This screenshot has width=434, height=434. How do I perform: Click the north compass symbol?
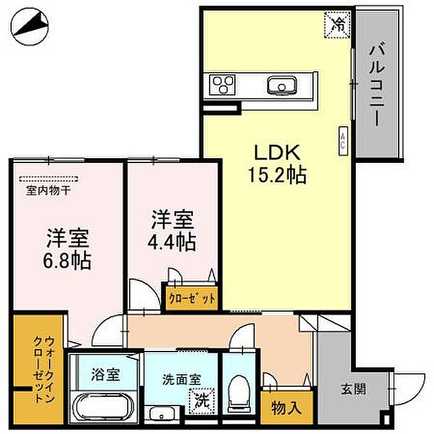[x=30, y=27]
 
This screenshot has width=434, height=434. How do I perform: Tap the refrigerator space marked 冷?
[x=337, y=25]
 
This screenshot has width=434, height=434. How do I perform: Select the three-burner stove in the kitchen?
[x=222, y=85]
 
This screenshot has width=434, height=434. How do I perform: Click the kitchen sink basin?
[x=281, y=85]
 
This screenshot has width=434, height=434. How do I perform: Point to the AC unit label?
[x=343, y=141]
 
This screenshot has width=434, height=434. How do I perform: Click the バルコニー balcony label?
[x=377, y=86]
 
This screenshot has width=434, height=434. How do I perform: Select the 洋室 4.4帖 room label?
[x=172, y=231]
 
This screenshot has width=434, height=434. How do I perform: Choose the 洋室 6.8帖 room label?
[x=67, y=249]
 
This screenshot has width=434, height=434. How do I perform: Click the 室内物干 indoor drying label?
[x=48, y=190]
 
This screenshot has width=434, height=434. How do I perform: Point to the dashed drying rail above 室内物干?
[x=48, y=179]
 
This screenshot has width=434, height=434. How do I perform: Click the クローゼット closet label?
[x=192, y=299]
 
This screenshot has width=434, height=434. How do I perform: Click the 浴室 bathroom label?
[x=105, y=374]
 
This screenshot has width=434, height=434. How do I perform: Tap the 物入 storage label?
[x=286, y=408]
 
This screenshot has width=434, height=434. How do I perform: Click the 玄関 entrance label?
[x=353, y=389]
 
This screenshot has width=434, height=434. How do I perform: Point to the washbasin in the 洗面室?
[x=162, y=414]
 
